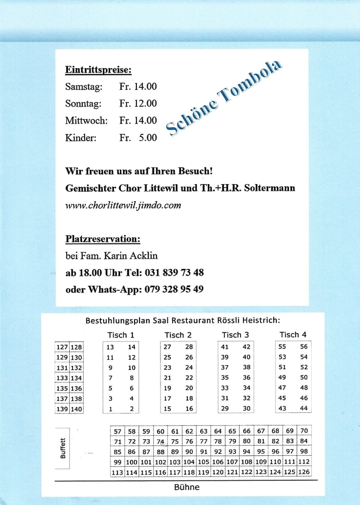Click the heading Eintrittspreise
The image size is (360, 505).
[98, 69]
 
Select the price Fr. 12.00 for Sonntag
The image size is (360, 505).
[138, 103]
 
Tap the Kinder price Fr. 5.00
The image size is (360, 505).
[138, 138]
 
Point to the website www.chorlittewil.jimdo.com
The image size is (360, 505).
[123, 205]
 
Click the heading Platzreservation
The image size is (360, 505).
[103, 239]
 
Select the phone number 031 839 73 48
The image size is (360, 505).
[174, 272]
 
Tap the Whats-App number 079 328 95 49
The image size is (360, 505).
[174, 289]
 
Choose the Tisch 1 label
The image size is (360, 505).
[121, 335]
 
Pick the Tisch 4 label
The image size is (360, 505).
[293, 334]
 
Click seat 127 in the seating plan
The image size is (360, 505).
[62, 347]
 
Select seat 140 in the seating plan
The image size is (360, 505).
[76, 409]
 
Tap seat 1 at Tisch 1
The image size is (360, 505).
[110, 409]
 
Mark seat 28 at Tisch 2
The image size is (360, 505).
[189, 347]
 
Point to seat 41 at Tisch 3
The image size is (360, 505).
[225, 347]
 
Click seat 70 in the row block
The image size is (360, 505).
[304, 431]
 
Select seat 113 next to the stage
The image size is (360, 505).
[117, 472]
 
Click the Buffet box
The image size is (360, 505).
[63, 448]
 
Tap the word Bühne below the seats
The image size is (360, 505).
[186, 487]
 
